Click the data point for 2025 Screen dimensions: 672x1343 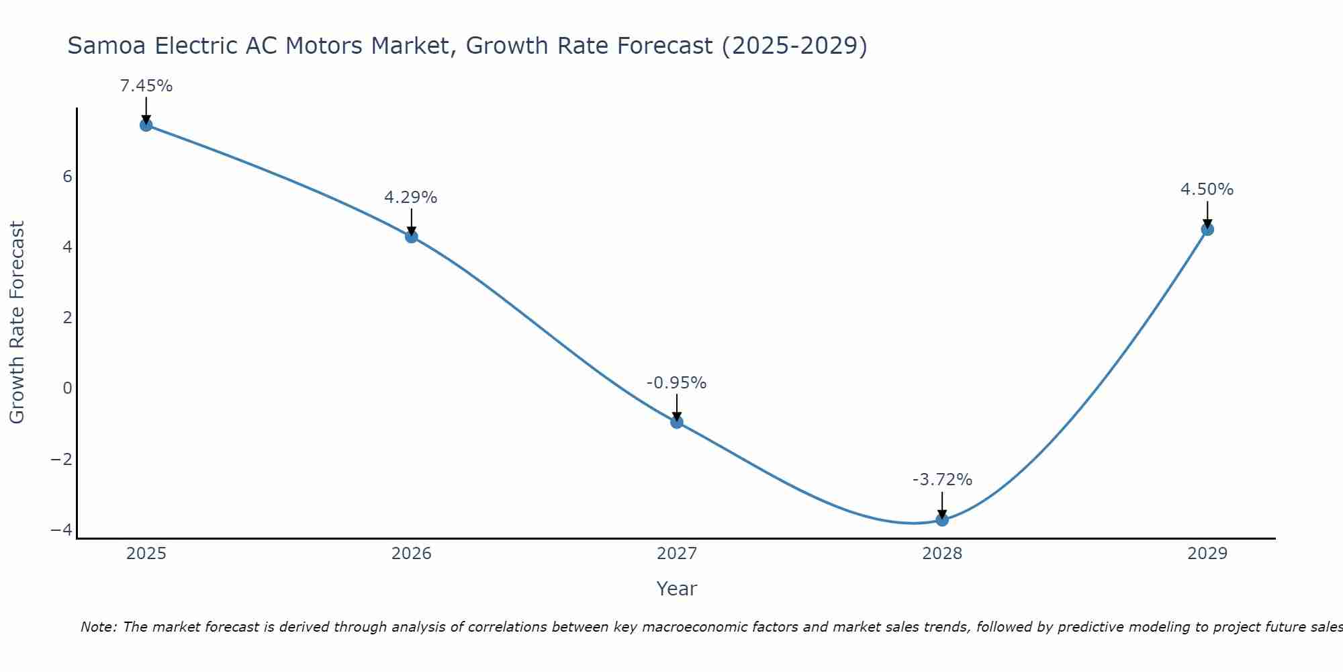click(146, 125)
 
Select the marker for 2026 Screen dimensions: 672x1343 click(412, 237)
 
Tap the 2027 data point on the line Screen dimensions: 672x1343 click(677, 422)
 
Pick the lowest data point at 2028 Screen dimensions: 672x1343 click(942, 519)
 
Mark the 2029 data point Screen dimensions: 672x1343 click(1207, 229)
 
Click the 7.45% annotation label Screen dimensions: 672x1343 click(146, 86)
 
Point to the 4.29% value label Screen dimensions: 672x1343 click(411, 198)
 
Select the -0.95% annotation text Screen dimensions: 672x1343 click(677, 383)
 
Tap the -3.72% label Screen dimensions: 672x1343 click(942, 480)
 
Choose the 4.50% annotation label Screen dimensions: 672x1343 click(1207, 190)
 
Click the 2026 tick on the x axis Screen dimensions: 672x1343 click(412, 554)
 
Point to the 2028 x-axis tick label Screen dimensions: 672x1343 click(942, 554)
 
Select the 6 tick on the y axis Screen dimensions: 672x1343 click(67, 177)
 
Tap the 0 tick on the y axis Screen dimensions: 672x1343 click(67, 388)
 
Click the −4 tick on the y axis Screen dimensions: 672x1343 click(62, 530)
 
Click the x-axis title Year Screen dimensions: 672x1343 click(677, 589)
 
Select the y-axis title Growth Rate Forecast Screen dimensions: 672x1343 click(17, 323)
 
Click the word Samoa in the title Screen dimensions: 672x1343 click(107, 46)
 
